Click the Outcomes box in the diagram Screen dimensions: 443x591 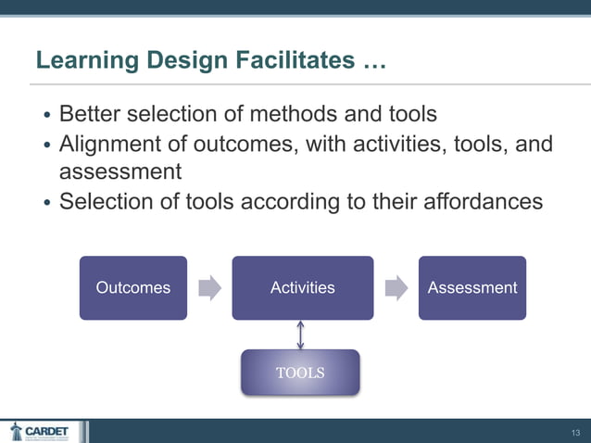[132, 287]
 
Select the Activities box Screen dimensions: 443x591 [302, 287]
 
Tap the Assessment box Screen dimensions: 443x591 [472, 287]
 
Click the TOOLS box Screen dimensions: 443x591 [300, 373]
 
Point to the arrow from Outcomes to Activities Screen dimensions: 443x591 [210, 287]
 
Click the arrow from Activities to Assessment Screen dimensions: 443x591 [396, 287]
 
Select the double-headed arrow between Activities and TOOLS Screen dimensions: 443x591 [301, 335]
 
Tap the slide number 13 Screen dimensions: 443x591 [575, 432]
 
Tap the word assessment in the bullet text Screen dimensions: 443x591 [119, 172]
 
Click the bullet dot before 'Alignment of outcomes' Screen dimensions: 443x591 [47, 146]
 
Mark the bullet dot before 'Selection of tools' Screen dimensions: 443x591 [47, 203]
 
